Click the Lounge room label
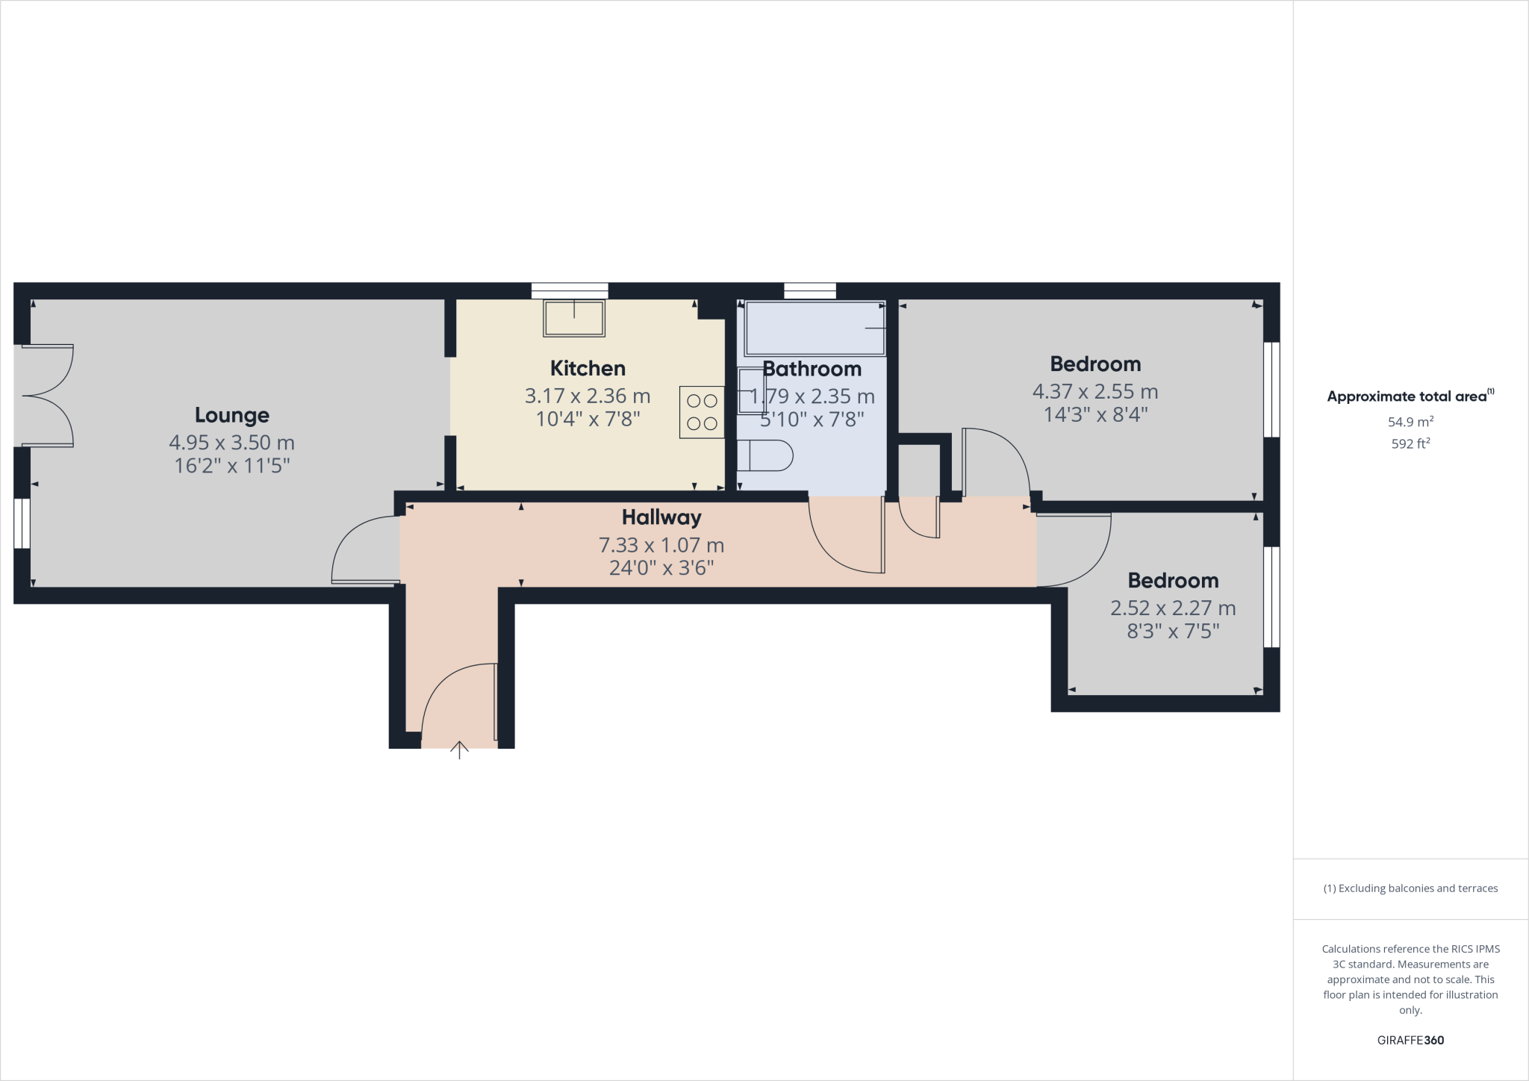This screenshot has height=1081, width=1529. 231,415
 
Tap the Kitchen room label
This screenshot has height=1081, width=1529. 588,368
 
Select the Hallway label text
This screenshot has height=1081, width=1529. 661,517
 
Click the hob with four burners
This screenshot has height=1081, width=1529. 702,412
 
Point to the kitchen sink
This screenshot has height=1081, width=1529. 574,319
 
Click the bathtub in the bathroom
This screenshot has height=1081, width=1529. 814,328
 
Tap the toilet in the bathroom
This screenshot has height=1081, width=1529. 764,455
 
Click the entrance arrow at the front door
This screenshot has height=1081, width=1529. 459,750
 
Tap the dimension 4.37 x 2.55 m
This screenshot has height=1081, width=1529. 1094,391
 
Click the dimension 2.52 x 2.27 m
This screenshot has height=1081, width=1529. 1172,608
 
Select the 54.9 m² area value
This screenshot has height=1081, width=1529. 1410,422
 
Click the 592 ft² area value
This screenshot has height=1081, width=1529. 1410,443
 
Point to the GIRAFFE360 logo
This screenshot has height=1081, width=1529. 1410,1040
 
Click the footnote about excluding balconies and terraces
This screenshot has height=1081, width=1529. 1410,888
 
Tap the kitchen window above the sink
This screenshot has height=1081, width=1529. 570,291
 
